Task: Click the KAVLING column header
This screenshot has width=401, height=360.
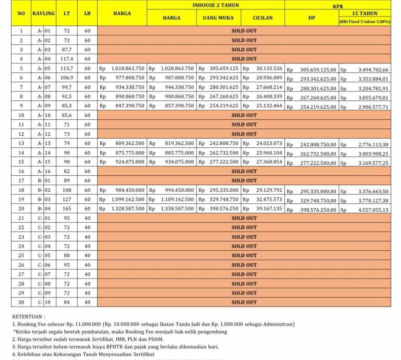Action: [43, 13]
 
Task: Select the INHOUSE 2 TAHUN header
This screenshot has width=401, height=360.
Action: [215, 5]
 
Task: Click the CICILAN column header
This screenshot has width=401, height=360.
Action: [262, 18]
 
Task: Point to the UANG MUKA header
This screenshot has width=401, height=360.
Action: [218, 18]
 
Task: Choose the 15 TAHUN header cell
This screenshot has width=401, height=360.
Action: [365, 13]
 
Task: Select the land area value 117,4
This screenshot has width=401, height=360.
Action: [66, 59]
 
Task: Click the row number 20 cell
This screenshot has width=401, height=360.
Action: [21, 208]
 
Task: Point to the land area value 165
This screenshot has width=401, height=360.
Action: [66, 208]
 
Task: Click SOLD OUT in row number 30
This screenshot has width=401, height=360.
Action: [244, 302]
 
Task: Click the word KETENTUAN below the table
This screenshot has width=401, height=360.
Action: [28, 316]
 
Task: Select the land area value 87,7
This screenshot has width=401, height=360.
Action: [66, 49]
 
